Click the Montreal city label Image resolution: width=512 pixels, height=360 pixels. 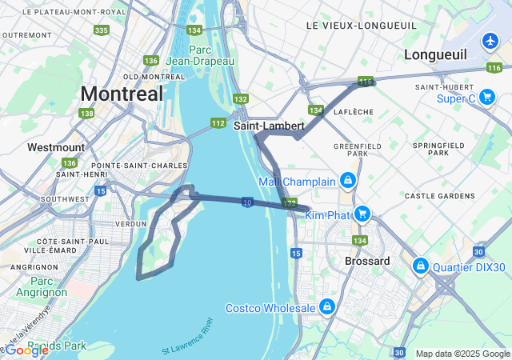[x=122, y=93]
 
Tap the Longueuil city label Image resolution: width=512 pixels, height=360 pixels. [x=436, y=54]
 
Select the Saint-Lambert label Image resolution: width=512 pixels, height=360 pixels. [x=269, y=126]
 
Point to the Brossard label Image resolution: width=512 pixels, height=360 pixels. [x=367, y=262]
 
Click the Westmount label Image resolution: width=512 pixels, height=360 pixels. [x=55, y=147]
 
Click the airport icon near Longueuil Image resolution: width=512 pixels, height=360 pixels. [x=490, y=40]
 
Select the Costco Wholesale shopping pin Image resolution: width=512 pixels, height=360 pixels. [x=326, y=307]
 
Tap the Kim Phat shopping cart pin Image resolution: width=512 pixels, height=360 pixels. [x=362, y=214]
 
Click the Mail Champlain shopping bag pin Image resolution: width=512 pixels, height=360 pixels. [x=347, y=181]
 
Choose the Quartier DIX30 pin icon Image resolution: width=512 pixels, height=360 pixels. [x=419, y=265]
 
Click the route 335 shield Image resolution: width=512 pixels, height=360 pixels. [x=101, y=30]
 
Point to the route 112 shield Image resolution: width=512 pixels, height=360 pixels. [x=218, y=123]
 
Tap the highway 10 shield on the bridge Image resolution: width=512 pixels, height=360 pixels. [x=248, y=203]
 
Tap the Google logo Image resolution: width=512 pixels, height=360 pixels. [x=27, y=350]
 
